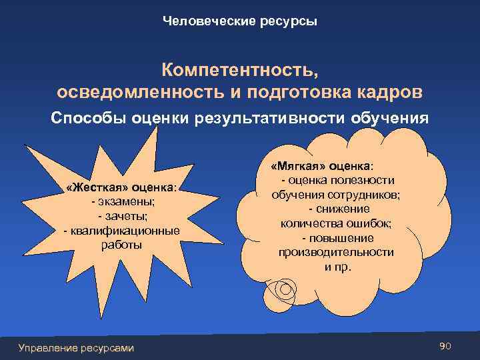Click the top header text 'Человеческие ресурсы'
click(x=240, y=22)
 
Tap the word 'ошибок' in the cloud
click(x=373, y=223)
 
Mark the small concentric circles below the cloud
click(x=285, y=290)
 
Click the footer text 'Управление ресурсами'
click(x=76, y=347)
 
